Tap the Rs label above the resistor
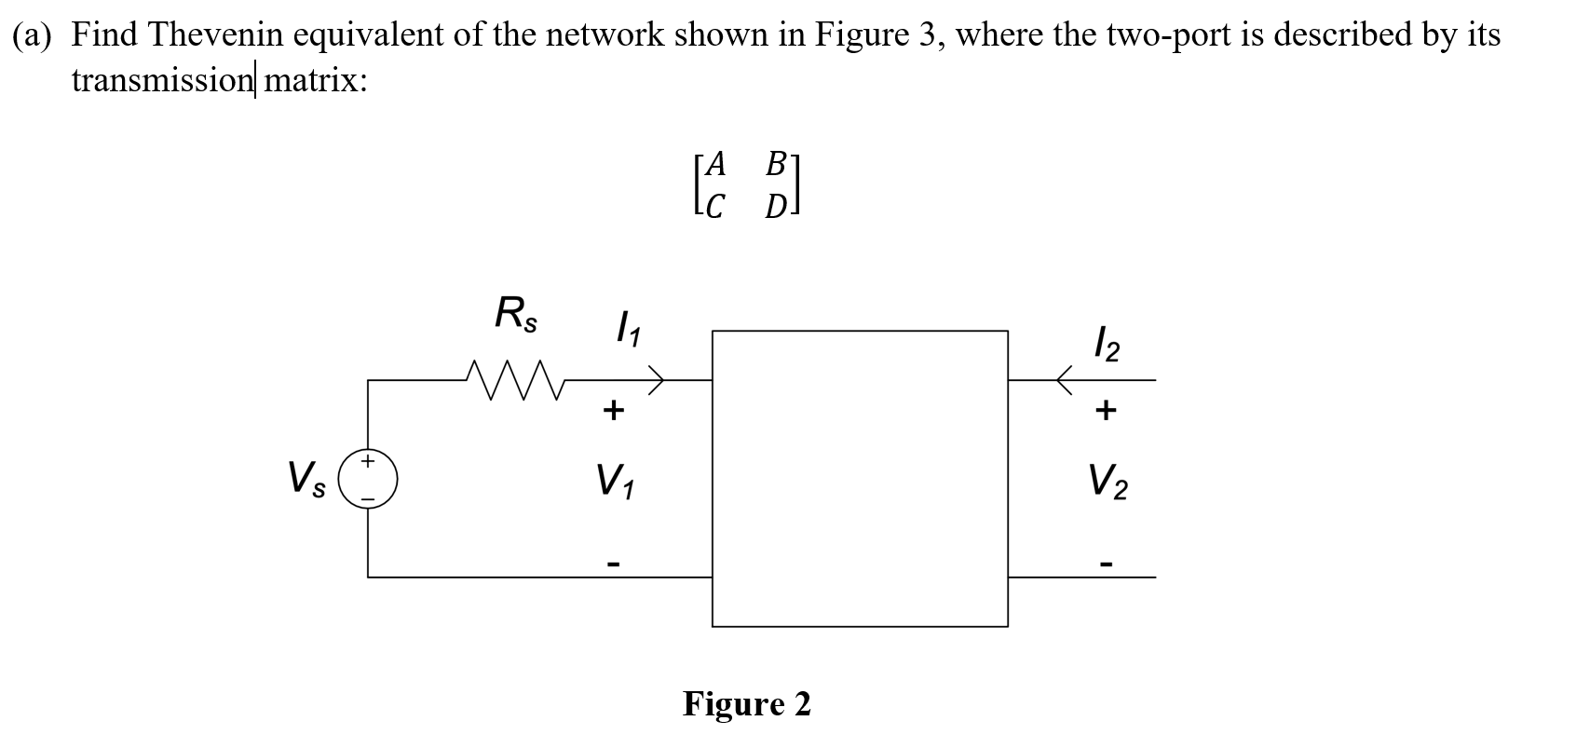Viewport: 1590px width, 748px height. pyautogui.click(x=515, y=313)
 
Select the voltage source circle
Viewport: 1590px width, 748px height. pyautogui.click(x=368, y=478)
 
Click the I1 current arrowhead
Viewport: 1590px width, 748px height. pyautogui.click(x=658, y=380)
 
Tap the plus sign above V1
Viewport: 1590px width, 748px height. pyautogui.click(x=612, y=410)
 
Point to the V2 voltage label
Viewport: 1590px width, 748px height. pyautogui.click(x=1108, y=481)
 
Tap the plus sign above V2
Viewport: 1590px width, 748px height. pyautogui.click(x=1106, y=410)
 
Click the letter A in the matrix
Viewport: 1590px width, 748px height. pyautogui.click(x=715, y=165)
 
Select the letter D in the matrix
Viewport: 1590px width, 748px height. pyautogui.click(x=775, y=207)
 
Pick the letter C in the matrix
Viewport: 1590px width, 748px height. pyautogui.click(x=714, y=207)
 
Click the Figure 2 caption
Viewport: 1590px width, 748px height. pyautogui.click(x=747, y=703)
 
